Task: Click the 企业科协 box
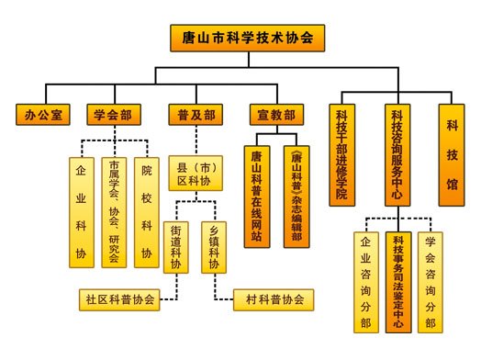coord(80,212)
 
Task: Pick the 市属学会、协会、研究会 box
coord(114,212)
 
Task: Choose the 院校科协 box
coord(146,212)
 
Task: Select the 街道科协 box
coord(175,246)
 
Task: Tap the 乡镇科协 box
coord(214,246)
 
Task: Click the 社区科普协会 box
coord(120,298)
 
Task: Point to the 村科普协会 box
coord(272,298)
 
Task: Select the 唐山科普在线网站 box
coord(257,196)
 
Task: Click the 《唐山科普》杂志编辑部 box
coord(296,196)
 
